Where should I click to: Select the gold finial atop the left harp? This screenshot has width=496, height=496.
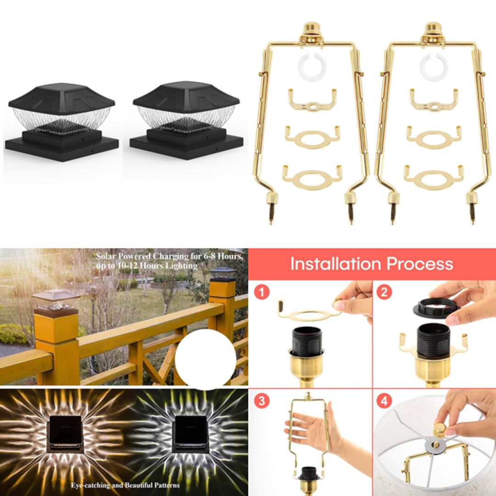312,28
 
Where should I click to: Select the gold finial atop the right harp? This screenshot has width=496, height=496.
434,28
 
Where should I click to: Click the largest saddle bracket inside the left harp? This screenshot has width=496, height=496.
312,177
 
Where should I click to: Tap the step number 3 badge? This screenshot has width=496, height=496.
262,401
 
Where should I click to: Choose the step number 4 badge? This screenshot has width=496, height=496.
384,401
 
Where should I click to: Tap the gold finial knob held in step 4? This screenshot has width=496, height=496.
440,429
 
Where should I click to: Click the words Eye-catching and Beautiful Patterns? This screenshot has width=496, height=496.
125,485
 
